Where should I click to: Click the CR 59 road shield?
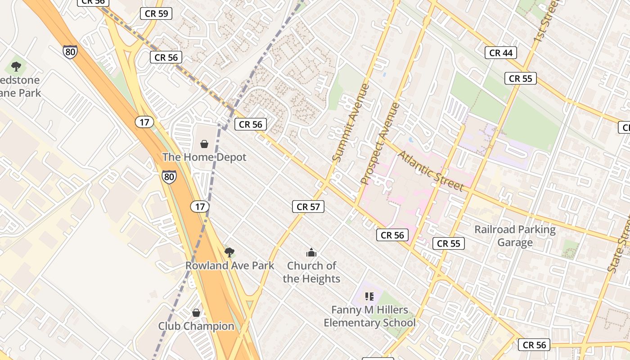click(x=157, y=13)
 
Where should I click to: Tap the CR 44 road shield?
click(x=501, y=53)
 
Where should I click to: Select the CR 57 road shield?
click(x=308, y=207)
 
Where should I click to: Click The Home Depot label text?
click(x=204, y=157)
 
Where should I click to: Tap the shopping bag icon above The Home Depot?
click(x=204, y=144)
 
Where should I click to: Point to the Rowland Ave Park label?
click(x=229, y=265)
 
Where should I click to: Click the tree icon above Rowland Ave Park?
click(x=229, y=252)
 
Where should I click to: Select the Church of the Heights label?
click(x=311, y=272)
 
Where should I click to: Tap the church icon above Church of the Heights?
click(x=311, y=252)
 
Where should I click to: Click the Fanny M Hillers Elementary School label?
click(x=369, y=316)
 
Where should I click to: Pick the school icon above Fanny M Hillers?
click(x=369, y=296)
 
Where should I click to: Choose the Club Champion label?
click(x=196, y=326)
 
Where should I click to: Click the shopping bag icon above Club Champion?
click(x=196, y=312)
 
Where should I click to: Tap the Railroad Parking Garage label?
click(x=515, y=236)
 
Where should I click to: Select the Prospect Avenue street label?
click(x=380, y=144)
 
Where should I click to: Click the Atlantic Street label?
click(x=431, y=171)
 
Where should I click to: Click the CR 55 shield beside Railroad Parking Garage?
click(x=449, y=243)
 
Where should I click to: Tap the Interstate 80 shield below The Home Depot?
click(x=169, y=176)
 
